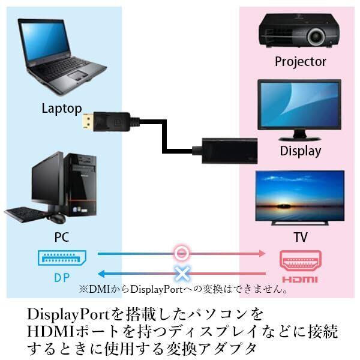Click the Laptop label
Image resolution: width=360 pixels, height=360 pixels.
click(x=62, y=109)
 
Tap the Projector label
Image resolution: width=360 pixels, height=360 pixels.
click(x=301, y=62)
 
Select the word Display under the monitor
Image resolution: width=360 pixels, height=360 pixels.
click(x=301, y=151)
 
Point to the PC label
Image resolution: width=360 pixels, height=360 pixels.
click(x=62, y=237)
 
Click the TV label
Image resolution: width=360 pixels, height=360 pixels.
click(x=301, y=237)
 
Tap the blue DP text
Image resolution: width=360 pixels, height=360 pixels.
click(x=62, y=278)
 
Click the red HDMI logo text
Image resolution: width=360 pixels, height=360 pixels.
click(x=300, y=280)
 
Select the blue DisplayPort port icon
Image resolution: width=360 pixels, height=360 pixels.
click(x=62, y=258)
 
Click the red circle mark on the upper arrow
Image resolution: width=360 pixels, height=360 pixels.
click(x=181, y=253)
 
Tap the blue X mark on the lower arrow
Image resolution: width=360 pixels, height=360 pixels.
click(x=182, y=274)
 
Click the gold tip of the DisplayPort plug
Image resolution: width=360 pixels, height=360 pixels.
click(x=88, y=121)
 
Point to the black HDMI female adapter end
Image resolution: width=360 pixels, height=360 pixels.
click(x=230, y=151)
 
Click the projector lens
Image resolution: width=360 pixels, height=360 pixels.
click(x=317, y=36)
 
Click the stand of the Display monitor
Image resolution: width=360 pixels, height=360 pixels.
click(x=299, y=136)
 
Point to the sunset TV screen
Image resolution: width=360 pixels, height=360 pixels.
click(x=300, y=196)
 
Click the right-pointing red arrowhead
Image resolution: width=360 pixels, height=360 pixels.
click(x=262, y=253)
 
